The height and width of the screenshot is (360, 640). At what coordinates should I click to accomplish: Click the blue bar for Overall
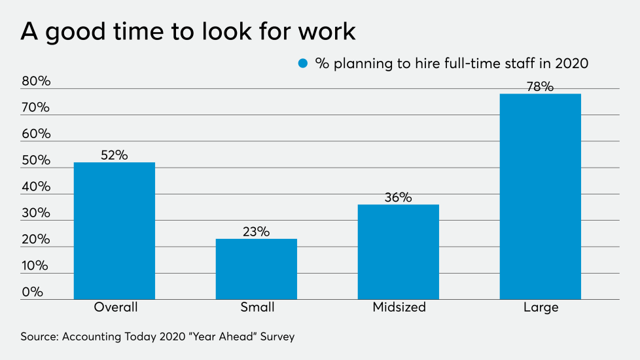tap(115, 230)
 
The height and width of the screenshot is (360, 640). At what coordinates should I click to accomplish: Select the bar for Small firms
tap(257, 268)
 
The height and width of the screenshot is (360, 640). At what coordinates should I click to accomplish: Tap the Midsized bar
tap(399, 251)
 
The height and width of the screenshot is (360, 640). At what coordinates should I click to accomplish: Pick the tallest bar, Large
tap(541, 196)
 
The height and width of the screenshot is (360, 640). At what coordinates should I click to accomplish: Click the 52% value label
tap(115, 155)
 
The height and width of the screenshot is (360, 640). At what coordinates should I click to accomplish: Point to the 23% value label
tap(257, 232)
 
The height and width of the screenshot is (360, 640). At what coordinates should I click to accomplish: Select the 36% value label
tap(399, 197)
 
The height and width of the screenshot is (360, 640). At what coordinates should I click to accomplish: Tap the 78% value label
tap(541, 86)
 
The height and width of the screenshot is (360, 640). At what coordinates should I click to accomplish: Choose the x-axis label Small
tap(257, 308)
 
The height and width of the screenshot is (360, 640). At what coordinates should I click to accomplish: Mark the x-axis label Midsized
tap(399, 308)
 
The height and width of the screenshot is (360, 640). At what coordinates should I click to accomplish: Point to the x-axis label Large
tap(541, 308)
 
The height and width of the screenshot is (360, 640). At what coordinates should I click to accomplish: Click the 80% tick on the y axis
tap(35, 82)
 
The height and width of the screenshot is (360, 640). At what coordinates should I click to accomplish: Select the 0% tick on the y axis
tap(32, 292)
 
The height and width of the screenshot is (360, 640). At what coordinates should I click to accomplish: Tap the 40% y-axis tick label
tap(35, 187)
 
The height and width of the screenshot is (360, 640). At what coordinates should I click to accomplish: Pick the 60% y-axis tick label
tap(35, 134)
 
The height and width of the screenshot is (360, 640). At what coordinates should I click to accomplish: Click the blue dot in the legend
tap(302, 63)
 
